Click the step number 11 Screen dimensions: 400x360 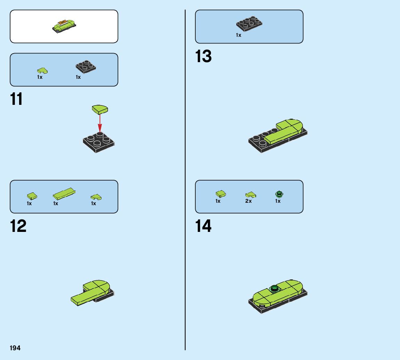17,99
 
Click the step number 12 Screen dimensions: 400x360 18,226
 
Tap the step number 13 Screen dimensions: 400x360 203,57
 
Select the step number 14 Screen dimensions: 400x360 203,226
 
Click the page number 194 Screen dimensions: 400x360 15,348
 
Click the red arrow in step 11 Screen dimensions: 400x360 100,123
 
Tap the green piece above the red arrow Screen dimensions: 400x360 100,109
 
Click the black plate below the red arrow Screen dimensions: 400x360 99,143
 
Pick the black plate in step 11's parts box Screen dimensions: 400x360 86,67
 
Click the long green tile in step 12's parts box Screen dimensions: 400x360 64,193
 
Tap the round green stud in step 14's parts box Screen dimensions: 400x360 278,194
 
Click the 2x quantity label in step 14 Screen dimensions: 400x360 248,201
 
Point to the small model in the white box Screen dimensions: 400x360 64,25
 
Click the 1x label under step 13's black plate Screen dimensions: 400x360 238,35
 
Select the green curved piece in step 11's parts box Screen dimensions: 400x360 42,70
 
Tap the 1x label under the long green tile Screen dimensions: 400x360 56,203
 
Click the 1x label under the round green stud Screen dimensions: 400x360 278,201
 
